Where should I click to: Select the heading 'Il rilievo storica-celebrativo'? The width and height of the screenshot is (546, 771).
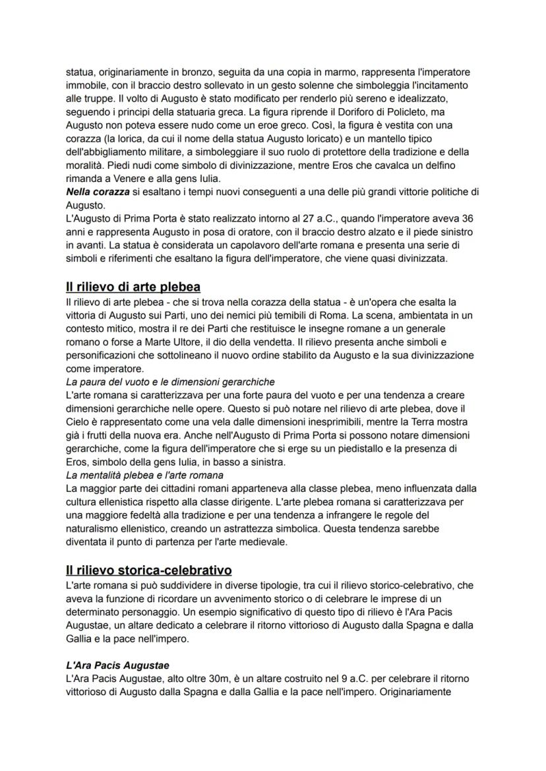[x=148, y=569]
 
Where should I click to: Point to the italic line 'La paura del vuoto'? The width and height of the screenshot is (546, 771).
[x=161, y=382]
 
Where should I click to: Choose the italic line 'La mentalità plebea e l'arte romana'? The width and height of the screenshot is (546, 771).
[x=144, y=475]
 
